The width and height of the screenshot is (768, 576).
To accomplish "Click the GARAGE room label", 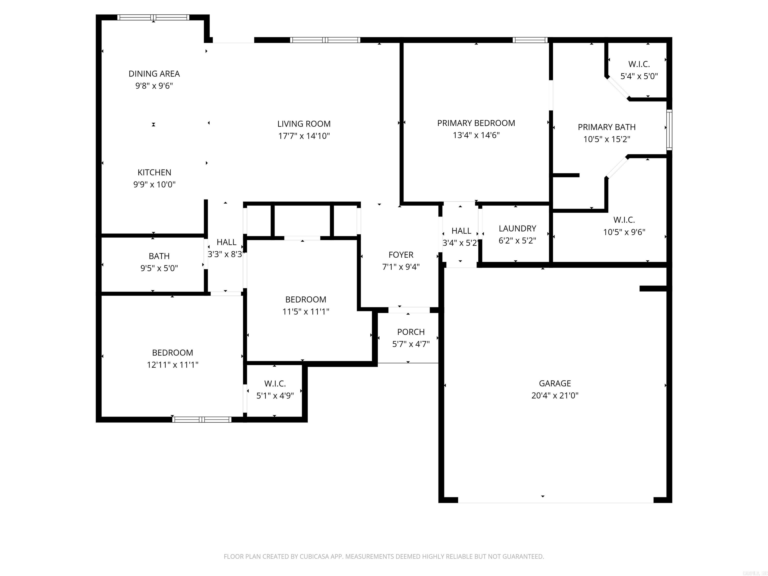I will pyautogui.click(x=554, y=383).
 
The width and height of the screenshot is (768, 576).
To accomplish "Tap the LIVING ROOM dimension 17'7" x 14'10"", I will pyautogui.click(x=304, y=136).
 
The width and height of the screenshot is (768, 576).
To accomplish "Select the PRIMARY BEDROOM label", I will pyautogui.click(x=476, y=123).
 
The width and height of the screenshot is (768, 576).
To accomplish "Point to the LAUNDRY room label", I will pyautogui.click(x=517, y=228).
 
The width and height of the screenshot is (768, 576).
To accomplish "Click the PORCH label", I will pyautogui.click(x=411, y=332).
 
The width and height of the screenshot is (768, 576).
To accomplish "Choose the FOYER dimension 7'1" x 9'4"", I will pyautogui.click(x=401, y=267).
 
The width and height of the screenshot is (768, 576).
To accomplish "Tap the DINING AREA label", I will pyautogui.click(x=154, y=73).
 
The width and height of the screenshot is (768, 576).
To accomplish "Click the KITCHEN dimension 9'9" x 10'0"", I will pyautogui.click(x=154, y=184).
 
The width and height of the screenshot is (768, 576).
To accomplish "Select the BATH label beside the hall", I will pyautogui.click(x=159, y=256).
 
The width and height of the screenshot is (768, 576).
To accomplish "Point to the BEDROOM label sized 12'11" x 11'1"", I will pyautogui.click(x=172, y=353).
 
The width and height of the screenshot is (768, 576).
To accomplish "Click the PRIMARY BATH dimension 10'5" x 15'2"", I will pyautogui.click(x=606, y=139).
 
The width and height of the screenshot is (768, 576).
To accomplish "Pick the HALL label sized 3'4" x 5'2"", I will pyautogui.click(x=461, y=231).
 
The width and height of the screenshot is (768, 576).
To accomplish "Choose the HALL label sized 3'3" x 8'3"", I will pyautogui.click(x=226, y=242).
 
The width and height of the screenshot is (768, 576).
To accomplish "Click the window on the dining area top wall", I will pyautogui.click(x=153, y=17).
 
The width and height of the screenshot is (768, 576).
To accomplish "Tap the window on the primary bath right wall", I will pyautogui.click(x=669, y=130).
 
